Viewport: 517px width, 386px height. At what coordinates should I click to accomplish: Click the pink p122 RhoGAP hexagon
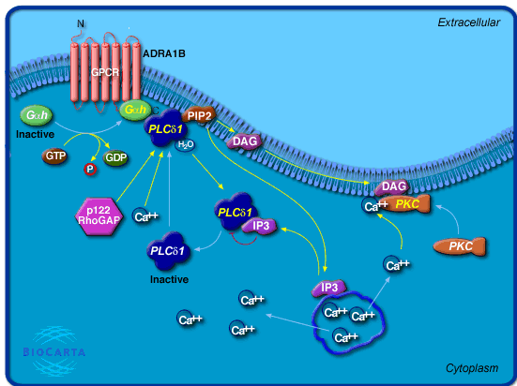pos(99,216)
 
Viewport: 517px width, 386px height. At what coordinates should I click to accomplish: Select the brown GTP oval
pos(54,156)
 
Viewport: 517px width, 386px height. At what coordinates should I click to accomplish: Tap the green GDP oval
pos(115,157)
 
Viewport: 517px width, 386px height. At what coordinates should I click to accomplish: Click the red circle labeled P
pos(90,170)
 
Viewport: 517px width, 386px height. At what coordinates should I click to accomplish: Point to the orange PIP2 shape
pos(199,115)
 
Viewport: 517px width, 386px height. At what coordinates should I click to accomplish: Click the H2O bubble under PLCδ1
pos(185,144)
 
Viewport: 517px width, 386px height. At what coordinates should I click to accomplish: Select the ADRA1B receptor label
pos(164,53)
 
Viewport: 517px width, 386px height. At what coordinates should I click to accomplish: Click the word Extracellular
pos(468,22)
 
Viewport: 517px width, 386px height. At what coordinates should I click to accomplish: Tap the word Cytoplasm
pos(472,368)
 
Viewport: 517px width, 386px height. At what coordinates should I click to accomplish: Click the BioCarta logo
pos(53,351)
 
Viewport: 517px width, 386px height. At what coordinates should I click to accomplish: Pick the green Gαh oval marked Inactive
pos(37,115)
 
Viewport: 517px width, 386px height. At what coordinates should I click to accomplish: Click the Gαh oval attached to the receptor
pos(135,110)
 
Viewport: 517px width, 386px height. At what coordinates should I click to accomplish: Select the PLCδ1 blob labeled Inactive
pos(168,251)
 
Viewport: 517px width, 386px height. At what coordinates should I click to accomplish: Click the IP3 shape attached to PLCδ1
pos(260,227)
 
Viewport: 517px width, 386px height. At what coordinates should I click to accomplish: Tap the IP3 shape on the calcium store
pos(329,288)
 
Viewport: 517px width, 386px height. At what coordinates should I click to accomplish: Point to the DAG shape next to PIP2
pos(245,141)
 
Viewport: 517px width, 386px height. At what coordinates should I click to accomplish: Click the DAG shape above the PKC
pos(393,186)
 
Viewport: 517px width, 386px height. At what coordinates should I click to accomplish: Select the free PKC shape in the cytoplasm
pos(460,246)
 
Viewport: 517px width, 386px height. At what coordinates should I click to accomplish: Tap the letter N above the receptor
pos(81,23)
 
